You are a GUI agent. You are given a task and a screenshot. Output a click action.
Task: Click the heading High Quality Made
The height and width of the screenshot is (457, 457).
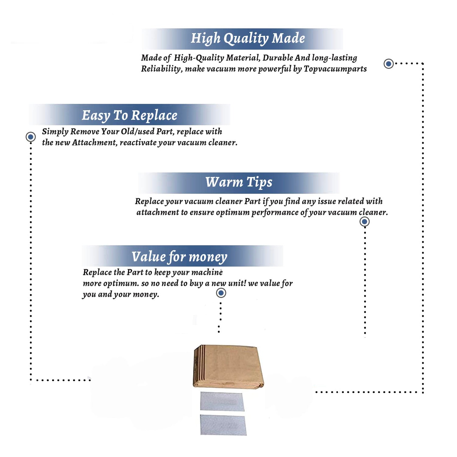point(248,39)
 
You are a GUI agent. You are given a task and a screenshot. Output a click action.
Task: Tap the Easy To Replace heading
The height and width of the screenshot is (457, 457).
point(129,116)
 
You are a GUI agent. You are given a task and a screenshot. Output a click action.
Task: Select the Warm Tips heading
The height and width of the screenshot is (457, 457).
point(239,182)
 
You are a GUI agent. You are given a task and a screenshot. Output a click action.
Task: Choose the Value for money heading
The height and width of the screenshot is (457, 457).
point(179,257)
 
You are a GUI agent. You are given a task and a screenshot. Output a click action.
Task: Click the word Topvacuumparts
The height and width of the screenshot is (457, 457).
point(335,69)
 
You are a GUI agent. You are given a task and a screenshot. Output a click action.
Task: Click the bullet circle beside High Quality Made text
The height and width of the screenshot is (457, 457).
point(388,64)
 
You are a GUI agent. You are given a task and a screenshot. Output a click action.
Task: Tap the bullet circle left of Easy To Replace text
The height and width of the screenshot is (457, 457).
point(30,137)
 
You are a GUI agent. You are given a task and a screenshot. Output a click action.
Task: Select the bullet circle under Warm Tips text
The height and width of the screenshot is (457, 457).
point(364,222)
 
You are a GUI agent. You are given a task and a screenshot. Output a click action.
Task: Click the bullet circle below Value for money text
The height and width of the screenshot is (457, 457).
point(221,293)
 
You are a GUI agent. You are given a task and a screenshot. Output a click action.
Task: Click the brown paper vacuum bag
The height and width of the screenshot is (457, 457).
point(228,367)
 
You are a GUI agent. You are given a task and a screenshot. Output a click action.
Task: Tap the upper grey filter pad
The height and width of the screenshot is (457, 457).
point(222,402)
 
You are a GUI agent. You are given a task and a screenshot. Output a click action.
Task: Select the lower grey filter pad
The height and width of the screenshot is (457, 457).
point(223,425)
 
